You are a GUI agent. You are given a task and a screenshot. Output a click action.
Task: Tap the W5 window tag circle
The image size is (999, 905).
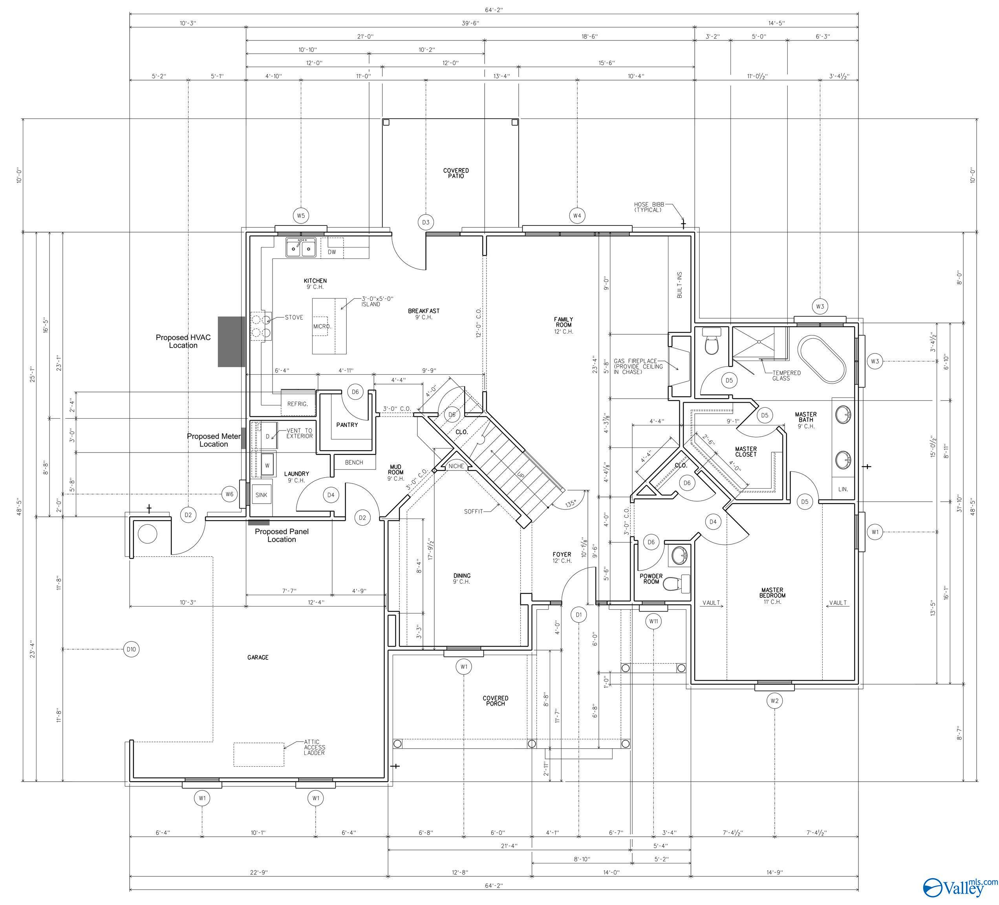[301, 216]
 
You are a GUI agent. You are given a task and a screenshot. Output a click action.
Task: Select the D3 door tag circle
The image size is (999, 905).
[426, 222]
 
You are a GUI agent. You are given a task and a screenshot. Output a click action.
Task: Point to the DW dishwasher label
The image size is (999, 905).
[332, 252]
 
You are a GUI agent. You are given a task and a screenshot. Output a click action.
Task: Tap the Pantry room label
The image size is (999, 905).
[347, 425]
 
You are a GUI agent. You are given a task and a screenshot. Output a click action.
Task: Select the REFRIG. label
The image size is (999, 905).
[298, 404]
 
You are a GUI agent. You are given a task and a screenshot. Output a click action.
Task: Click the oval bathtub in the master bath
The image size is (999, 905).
[822, 359]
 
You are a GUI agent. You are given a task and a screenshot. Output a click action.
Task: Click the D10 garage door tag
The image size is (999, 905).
[131, 649]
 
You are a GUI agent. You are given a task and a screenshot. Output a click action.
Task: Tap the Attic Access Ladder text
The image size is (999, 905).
[315, 747]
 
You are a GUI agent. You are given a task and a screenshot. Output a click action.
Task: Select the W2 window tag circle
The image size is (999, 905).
[774, 701]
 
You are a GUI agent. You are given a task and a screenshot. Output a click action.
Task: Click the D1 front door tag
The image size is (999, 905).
[578, 615]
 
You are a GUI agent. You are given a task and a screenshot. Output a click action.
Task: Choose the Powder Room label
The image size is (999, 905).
[651, 579]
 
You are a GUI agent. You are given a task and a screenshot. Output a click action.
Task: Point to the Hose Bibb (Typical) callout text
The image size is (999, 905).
[648, 207]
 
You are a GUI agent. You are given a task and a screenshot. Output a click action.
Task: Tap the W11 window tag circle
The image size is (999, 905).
[653, 621]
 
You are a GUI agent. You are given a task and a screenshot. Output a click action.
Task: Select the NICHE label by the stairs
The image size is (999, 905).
[456, 466]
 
